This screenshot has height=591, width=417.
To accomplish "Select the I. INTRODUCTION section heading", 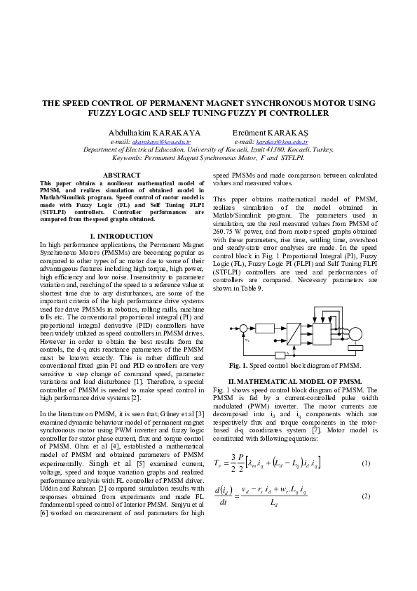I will click(x=122, y=237).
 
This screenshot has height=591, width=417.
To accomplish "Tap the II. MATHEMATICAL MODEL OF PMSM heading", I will click(x=294, y=380).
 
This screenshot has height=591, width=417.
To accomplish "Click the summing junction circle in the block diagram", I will click(x=243, y=328).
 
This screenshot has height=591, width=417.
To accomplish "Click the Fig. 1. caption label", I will click(x=238, y=366).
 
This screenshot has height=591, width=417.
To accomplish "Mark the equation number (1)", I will click(x=365, y=463).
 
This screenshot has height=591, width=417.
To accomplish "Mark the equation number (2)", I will click(x=365, y=496).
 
